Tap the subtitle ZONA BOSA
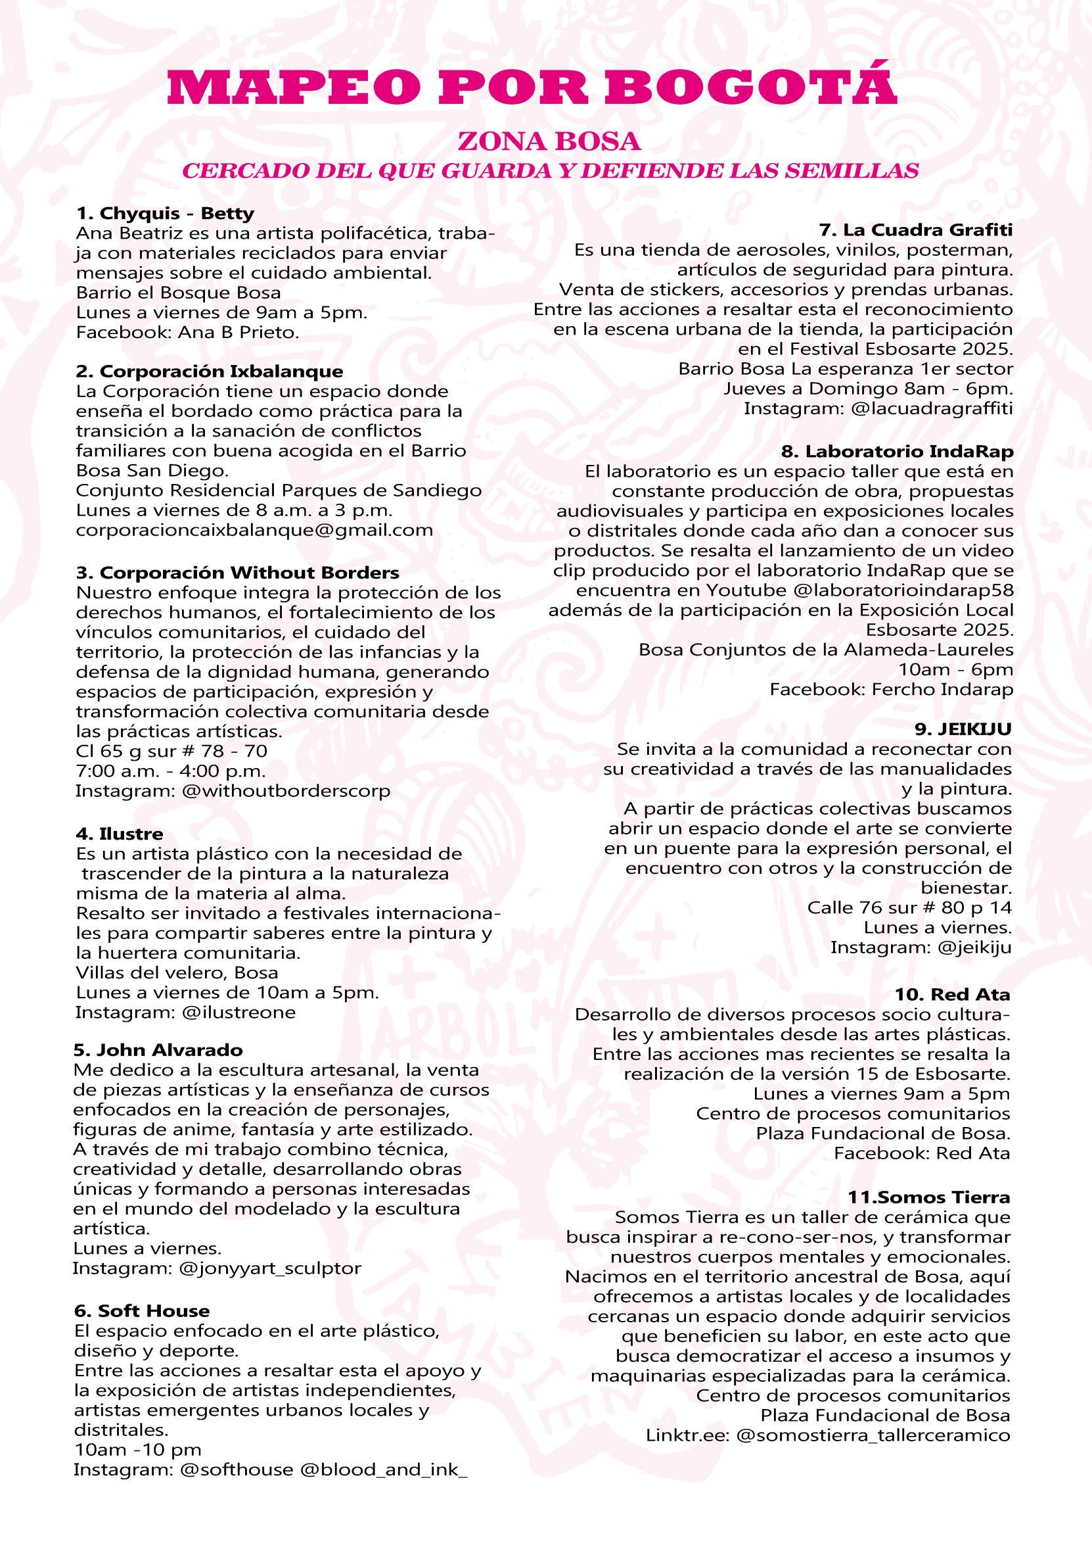(549, 141)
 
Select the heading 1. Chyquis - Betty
(164, 214)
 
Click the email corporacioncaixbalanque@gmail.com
(254, 530)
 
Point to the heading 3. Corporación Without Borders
(237, 573)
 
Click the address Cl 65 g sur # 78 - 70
(171, 752)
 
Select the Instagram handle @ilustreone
(239, 1013)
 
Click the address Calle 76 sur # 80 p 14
(909, 907)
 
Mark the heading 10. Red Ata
(952, 995)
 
